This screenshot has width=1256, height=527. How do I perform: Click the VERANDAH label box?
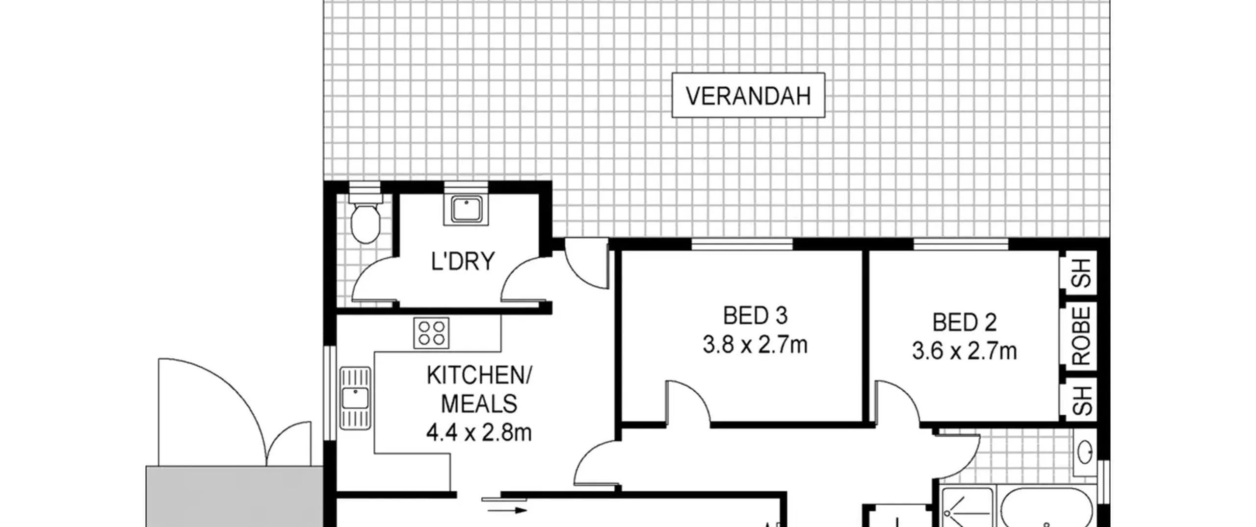[748, 95]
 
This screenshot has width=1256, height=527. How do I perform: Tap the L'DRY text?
[463, 261]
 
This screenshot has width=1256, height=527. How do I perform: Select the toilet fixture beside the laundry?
[366, 219]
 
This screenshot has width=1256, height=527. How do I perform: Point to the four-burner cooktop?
[431, 333]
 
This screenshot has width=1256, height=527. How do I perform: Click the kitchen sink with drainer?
[355, 399]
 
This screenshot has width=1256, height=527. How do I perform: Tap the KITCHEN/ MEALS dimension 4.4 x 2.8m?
[479, 433]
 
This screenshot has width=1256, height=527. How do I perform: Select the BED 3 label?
[756, 316]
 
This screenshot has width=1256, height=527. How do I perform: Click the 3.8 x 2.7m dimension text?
[755, 345]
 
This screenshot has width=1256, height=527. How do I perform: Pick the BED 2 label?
[965, 323]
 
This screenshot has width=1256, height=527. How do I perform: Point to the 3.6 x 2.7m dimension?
[965, 351]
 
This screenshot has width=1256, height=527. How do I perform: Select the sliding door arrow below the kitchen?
[507, 510]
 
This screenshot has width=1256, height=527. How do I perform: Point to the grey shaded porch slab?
[235, 496]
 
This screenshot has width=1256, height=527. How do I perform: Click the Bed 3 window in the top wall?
[742, 244]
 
